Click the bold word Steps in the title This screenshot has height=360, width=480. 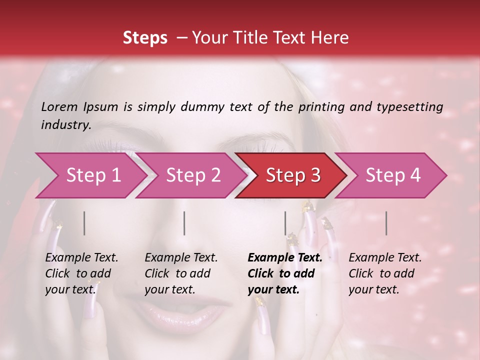click(145, 38)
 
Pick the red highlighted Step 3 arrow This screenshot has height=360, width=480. click(292, 175)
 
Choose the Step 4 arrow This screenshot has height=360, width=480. click(392, 175)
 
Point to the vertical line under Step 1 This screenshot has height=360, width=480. click(84, 223)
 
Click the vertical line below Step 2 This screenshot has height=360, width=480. click(184, 223)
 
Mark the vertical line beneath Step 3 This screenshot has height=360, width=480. click(285, 223)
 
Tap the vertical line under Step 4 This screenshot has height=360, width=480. click(386, 223)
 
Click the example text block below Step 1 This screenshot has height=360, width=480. click(81, 273)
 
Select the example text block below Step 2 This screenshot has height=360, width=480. click(180, 273)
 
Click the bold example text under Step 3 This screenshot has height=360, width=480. click(284, 273)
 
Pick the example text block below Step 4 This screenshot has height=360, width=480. click(384, 273)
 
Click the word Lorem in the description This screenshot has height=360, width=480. click(59, 107)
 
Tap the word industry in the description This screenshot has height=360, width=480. click(65, 125)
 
